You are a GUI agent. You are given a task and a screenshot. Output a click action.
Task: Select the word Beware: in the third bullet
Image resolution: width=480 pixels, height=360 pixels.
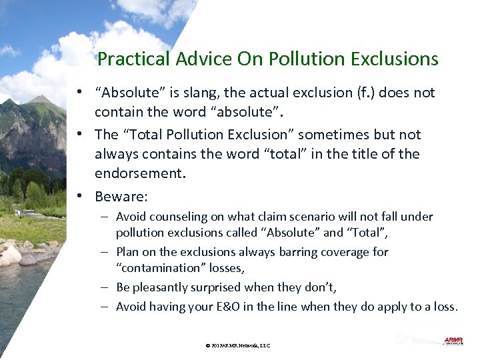pos(121,197)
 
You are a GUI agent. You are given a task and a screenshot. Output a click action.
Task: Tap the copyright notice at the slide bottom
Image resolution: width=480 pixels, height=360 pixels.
pos(238,345)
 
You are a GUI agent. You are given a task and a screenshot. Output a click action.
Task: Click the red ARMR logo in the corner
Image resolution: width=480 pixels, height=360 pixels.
pos(453,341)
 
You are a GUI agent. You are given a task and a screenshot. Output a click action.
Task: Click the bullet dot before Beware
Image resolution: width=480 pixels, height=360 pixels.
pos(79,197)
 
